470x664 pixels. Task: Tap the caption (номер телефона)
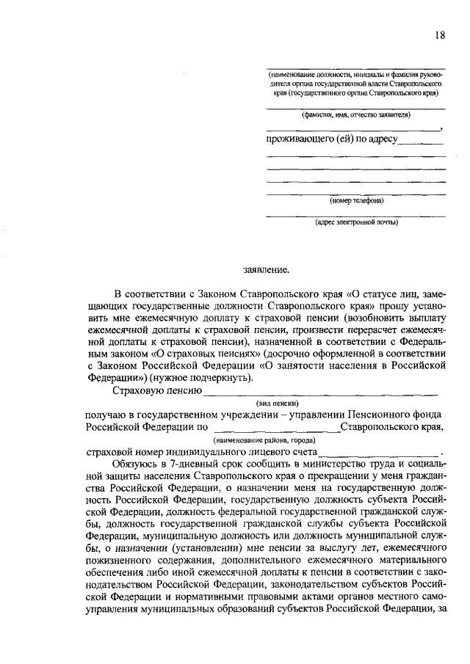356,200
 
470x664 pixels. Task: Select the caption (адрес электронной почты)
356,222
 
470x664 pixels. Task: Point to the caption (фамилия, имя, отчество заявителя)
356,115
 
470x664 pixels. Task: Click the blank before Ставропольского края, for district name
276,428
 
